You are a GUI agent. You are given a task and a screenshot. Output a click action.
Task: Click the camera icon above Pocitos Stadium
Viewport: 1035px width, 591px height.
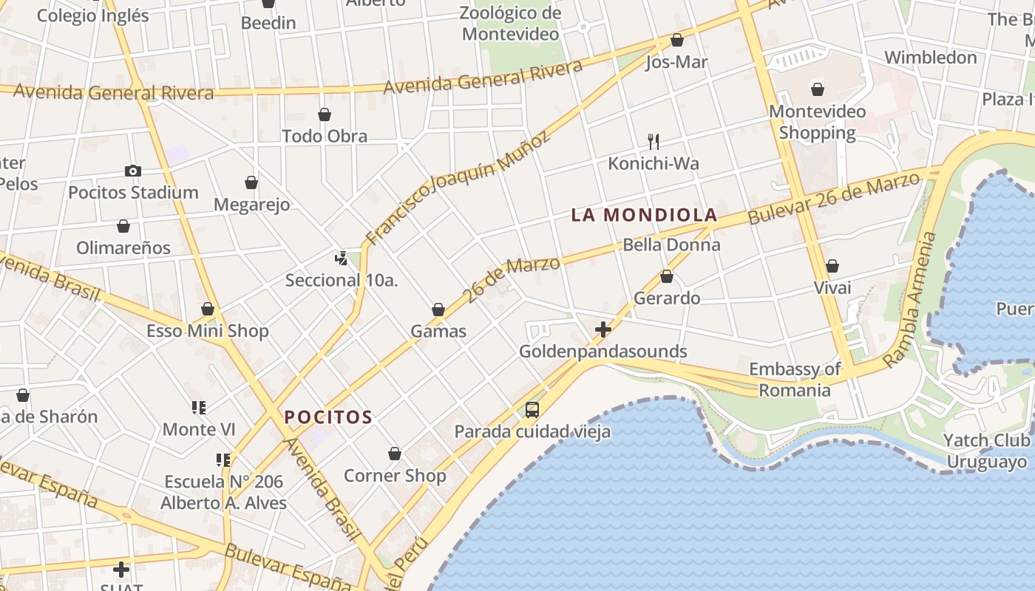tap(133, 171)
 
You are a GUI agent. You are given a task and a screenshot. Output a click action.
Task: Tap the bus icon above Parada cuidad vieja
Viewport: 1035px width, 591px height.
tap(532, 410)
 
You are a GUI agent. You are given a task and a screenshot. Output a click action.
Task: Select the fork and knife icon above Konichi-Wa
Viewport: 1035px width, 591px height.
tap(654, 141)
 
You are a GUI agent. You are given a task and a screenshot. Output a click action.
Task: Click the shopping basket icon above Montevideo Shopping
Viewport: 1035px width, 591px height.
tap(818, 90)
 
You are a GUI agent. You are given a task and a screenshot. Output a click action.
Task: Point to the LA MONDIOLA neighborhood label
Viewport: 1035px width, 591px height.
tap(644, 215)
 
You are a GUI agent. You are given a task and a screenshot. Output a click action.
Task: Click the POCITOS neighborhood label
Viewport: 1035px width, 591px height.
tap(328, 417)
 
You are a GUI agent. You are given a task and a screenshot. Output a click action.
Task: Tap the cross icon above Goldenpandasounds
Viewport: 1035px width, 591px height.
tap(603, 329)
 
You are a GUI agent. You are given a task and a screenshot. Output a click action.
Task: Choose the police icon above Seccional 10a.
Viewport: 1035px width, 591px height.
tap(341, 259)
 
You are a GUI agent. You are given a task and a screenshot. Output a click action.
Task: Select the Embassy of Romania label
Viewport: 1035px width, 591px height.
tap(795, 380)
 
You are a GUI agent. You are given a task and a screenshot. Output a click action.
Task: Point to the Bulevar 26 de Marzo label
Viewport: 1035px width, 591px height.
tap(835, 197)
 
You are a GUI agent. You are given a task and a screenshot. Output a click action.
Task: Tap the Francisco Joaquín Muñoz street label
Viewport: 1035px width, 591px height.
tap(458, 188)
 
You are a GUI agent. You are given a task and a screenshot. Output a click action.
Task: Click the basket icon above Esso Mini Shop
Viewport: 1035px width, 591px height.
tap(208, 309)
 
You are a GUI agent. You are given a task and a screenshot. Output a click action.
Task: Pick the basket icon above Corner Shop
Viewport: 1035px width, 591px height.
tap(395, 454)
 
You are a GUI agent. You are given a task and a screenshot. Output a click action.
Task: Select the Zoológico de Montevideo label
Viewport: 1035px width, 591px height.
tap(510, 24)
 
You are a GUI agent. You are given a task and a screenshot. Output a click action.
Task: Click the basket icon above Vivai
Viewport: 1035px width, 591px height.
tap(832, 266)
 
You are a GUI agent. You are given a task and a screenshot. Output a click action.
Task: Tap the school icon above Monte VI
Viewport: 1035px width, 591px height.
tap(198, 408)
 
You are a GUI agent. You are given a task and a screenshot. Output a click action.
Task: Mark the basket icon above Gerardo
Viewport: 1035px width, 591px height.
tap(667, 277)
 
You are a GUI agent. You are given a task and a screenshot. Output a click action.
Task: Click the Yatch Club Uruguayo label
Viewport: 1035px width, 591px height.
tap(987, 451)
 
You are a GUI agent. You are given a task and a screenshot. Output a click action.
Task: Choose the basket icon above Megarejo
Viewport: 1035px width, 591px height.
tap(251, 182)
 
